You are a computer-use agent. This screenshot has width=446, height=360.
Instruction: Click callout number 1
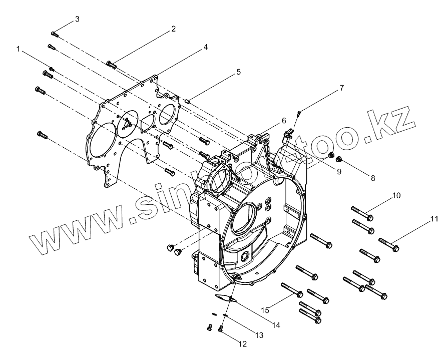click(19, 50)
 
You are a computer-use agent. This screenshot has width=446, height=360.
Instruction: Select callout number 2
click(173, 29)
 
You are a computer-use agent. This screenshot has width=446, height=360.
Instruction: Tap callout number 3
click(77, 19)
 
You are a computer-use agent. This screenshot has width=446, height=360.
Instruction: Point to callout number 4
click(205, 47)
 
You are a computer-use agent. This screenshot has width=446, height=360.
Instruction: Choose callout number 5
click(238, 72)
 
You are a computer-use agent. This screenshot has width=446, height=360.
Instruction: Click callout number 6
click(283, 121)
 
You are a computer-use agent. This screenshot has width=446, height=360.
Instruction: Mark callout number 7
click(341, 88)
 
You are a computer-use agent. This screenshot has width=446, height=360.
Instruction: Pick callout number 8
click(372, 177)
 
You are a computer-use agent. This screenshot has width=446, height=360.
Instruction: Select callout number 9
click(339, 172)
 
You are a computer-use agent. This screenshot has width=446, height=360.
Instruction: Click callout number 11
click(434, 218)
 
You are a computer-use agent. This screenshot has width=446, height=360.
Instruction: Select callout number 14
click(275, 324)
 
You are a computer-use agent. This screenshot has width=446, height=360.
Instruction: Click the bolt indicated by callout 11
click(389, 244)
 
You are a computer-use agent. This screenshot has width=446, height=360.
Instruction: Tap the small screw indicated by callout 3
click(55, 34)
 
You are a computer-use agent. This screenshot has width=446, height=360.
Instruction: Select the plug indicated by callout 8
click(339, 160)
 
